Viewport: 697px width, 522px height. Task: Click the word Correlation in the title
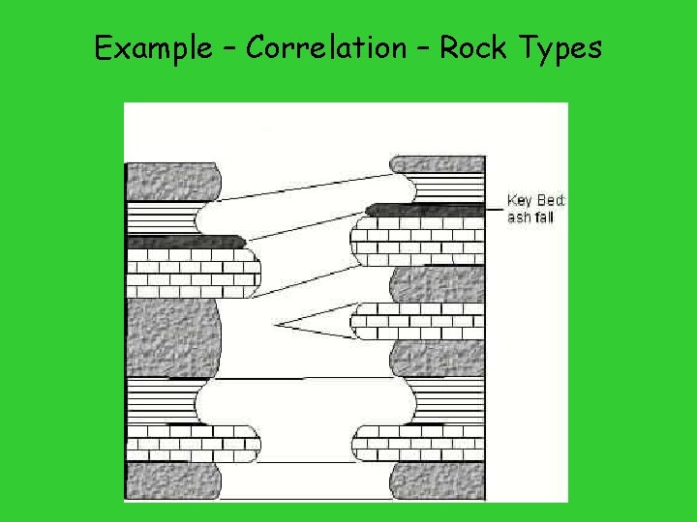(325, 47)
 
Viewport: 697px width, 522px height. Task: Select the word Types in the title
(561, 48)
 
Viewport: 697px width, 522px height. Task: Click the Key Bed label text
(537, 200)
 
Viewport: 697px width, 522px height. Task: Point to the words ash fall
(530, 217)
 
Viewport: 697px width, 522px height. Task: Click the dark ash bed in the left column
(184, 242)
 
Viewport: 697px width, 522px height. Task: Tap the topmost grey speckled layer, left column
(172, 182)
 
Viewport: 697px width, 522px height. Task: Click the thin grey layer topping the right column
(436, 163)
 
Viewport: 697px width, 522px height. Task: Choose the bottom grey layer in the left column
(172, 480)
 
